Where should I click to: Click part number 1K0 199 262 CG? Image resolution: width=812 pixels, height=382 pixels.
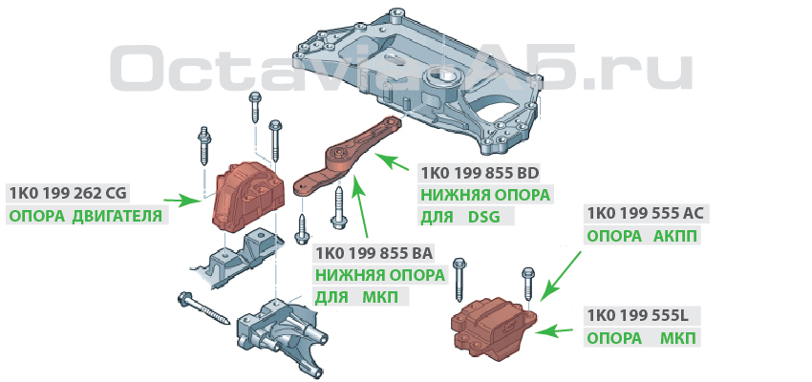click(68, 194)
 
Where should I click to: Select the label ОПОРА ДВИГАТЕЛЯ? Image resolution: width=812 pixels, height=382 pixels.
click(86, 215)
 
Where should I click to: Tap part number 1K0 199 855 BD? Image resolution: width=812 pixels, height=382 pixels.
click(481, 173)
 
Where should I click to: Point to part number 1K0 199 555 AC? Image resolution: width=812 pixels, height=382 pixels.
click(646, 213)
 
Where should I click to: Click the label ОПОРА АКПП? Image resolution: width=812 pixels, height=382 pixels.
click(642, 236)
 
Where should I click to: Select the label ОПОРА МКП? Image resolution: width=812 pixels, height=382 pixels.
click(642, 338)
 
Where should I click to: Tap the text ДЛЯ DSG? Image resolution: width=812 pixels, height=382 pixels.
click(460, 217)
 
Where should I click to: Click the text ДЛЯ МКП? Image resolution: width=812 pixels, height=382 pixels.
click(354, 297)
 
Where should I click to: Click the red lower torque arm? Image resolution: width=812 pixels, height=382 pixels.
click(344, 158)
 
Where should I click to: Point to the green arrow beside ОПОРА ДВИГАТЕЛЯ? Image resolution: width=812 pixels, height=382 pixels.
click(182, 201)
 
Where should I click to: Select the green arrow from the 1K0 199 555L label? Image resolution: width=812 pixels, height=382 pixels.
click(554, 330)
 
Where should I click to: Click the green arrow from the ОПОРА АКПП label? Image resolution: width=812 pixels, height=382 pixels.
click(562, 276)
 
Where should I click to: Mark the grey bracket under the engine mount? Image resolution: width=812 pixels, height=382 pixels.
click(237, 260)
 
